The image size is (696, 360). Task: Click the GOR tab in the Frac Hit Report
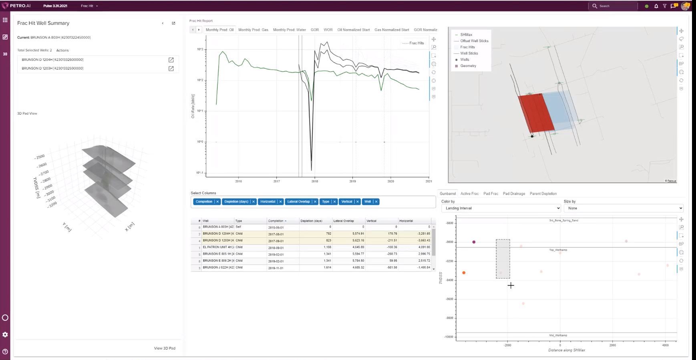tap(315, 30)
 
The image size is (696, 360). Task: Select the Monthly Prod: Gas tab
tap(253, 30)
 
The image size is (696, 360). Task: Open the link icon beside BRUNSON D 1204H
tap(171, 60)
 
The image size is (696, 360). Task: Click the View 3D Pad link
tap(165, 348)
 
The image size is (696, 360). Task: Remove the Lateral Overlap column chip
tap(315, 201)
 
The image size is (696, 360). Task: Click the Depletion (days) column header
tap(311, 221)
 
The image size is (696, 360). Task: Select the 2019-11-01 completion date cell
tap(276, 267)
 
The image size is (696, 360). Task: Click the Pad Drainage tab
tap(514, 193)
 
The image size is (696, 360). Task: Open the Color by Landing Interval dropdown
tap(501, 208)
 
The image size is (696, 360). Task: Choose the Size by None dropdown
tap(623, 208)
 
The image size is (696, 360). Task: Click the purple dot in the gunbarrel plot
tap(474, 242)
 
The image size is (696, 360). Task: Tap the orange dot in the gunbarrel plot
tap(464, 273)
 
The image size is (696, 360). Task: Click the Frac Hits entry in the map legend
tap(467, 47)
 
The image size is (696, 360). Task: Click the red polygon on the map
tap(536, 113)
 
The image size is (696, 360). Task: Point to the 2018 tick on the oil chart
tap(315, 181)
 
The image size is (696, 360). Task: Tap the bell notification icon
tap(656, 6)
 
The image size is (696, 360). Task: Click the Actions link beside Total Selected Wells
tap(62, 50)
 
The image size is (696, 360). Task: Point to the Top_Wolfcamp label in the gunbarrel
tap(558, 250)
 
